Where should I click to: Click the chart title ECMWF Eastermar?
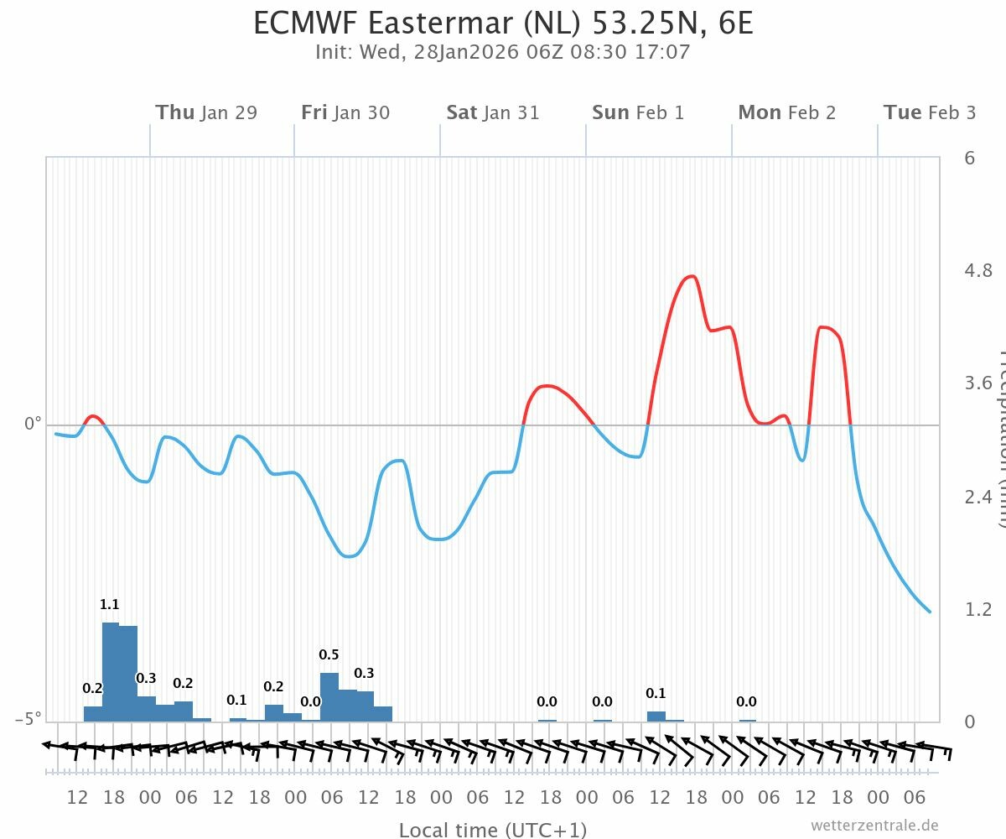click(x=503, y=23)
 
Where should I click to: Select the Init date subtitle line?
click(x=503, y=52)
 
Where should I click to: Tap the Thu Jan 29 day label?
click(x=206, y=112)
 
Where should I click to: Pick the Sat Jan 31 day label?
click(x=493, y=112)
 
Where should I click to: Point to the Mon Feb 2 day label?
click(x=787, y=112)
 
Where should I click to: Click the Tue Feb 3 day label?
click(x=930, y=112)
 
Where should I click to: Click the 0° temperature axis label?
click(x=33, y=425)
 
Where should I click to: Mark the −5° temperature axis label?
click(x=28, y=719)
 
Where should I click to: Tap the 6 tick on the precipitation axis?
click(x=970, y=158)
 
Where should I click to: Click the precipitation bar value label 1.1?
click(x=110, y=604)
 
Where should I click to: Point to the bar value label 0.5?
click(x=329, y=654)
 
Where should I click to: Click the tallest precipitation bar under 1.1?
click(x=111, y=671)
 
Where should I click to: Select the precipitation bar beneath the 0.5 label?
click(x=329, y=696)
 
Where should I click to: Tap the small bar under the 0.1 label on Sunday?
click(x=656, y=716)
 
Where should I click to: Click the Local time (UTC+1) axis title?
click(x=493, y=830)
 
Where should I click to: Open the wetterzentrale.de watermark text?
click(x=874, y=826)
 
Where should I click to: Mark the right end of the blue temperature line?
click(x=930, y=612)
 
